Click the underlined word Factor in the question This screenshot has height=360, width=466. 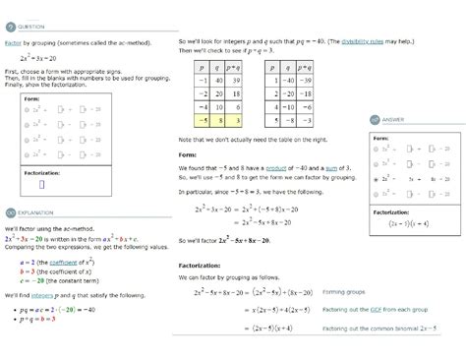point(13,44)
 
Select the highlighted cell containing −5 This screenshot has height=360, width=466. point(199,119)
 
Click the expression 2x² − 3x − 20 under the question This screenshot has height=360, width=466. point(37,58)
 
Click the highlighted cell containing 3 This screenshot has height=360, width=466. point(241,119)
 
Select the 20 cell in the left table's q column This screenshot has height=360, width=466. point(220,95)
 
